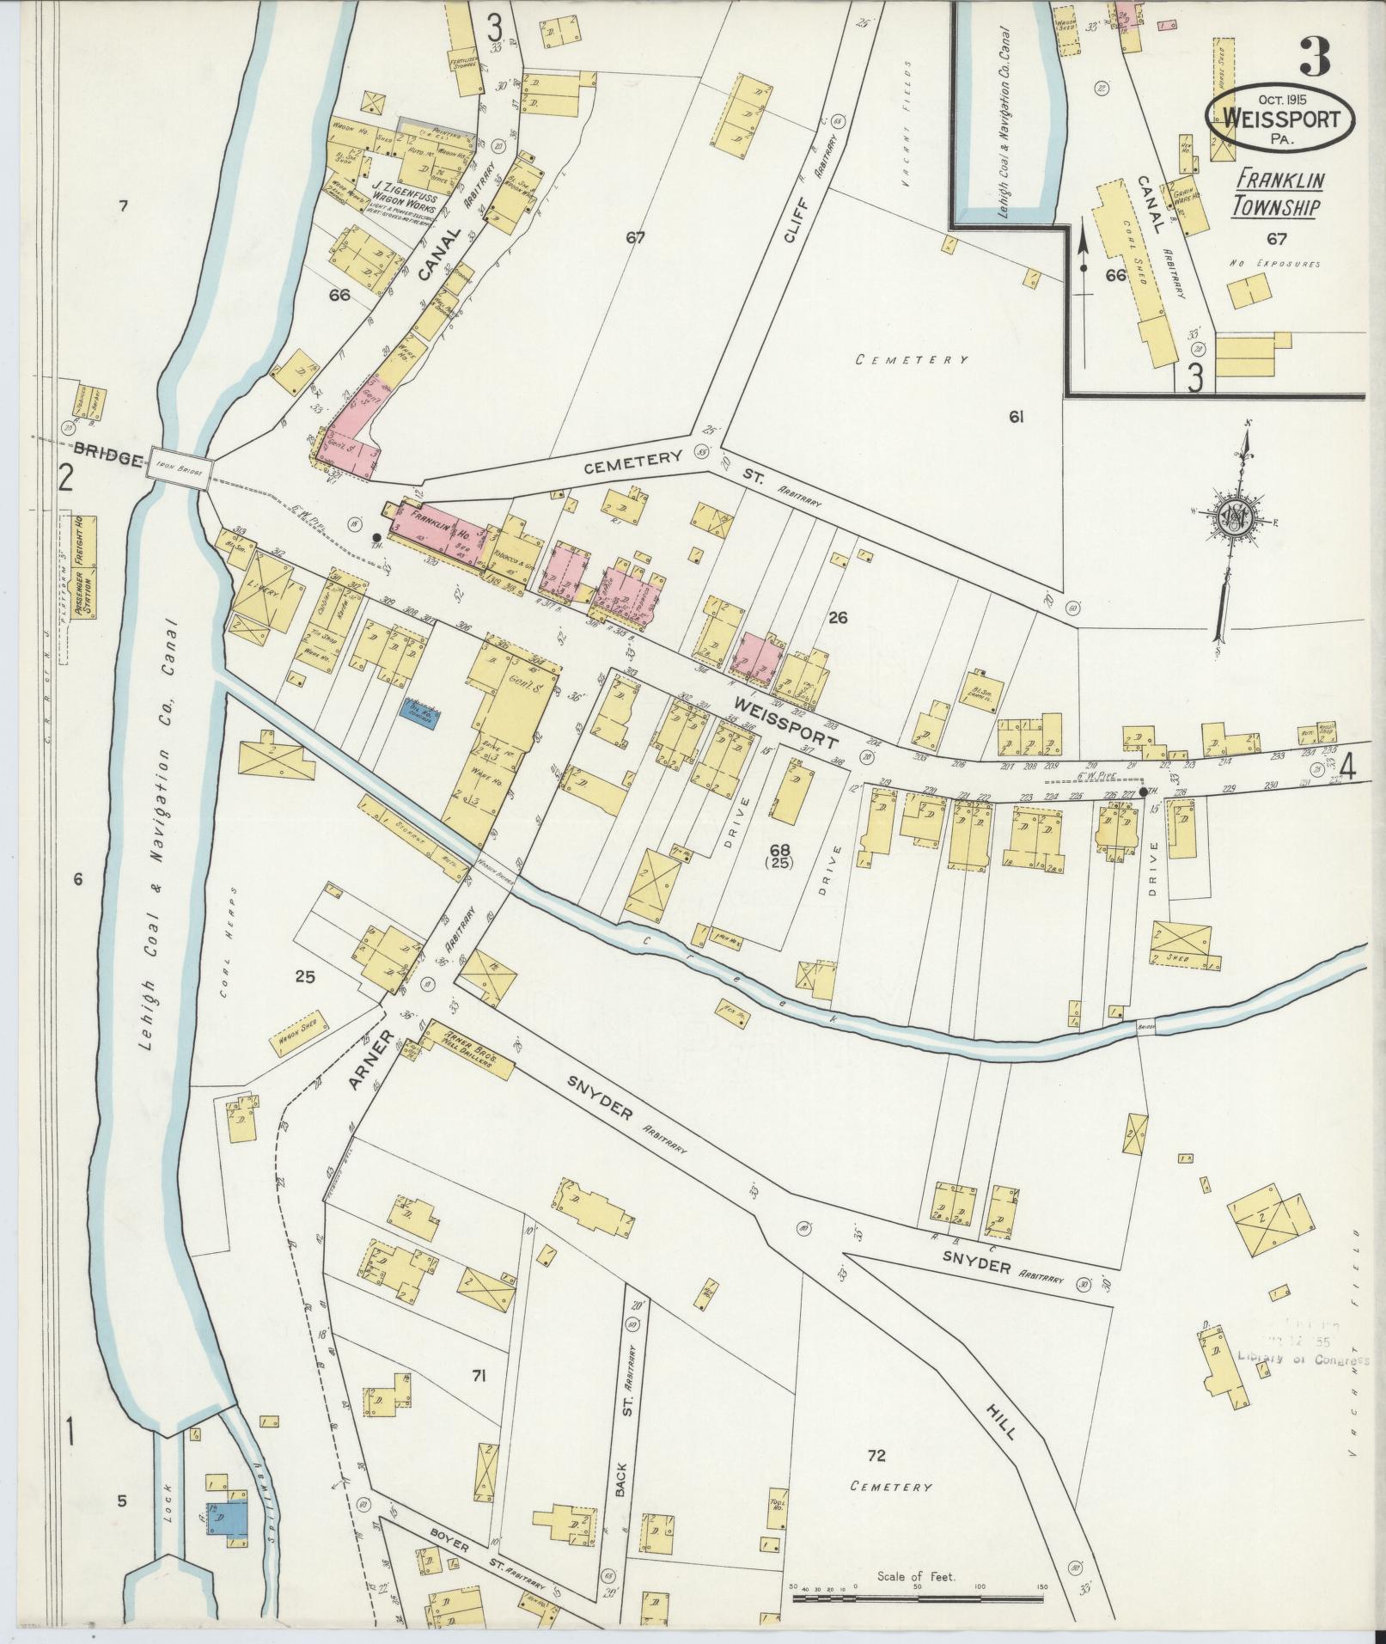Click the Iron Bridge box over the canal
179,469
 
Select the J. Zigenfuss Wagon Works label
404,197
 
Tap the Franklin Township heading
1279,193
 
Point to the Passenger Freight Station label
84,567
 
